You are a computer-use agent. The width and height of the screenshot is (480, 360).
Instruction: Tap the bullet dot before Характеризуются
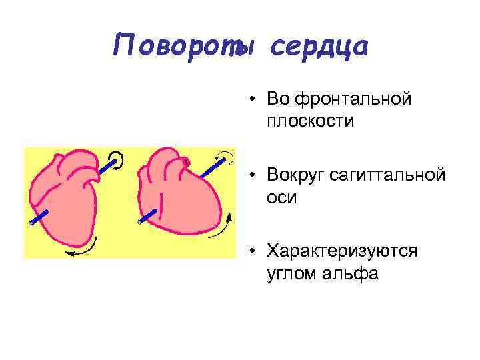click(254, 251)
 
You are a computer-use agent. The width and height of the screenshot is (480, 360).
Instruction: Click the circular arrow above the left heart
click(117, 159)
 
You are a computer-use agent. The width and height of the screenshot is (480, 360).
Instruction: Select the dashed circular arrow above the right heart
click(227, 157)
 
